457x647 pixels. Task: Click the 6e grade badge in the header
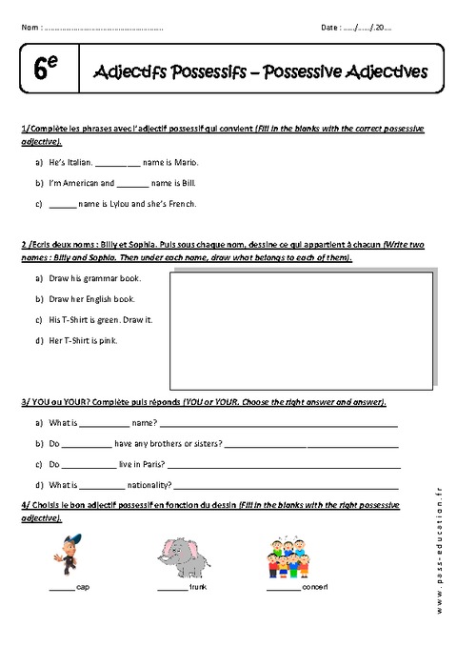pos(46,70)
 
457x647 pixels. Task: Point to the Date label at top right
pos(331,28)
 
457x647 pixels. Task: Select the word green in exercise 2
pos(117,319)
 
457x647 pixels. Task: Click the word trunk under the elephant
pos(198,588)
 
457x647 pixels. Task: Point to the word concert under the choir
pos(315,588)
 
